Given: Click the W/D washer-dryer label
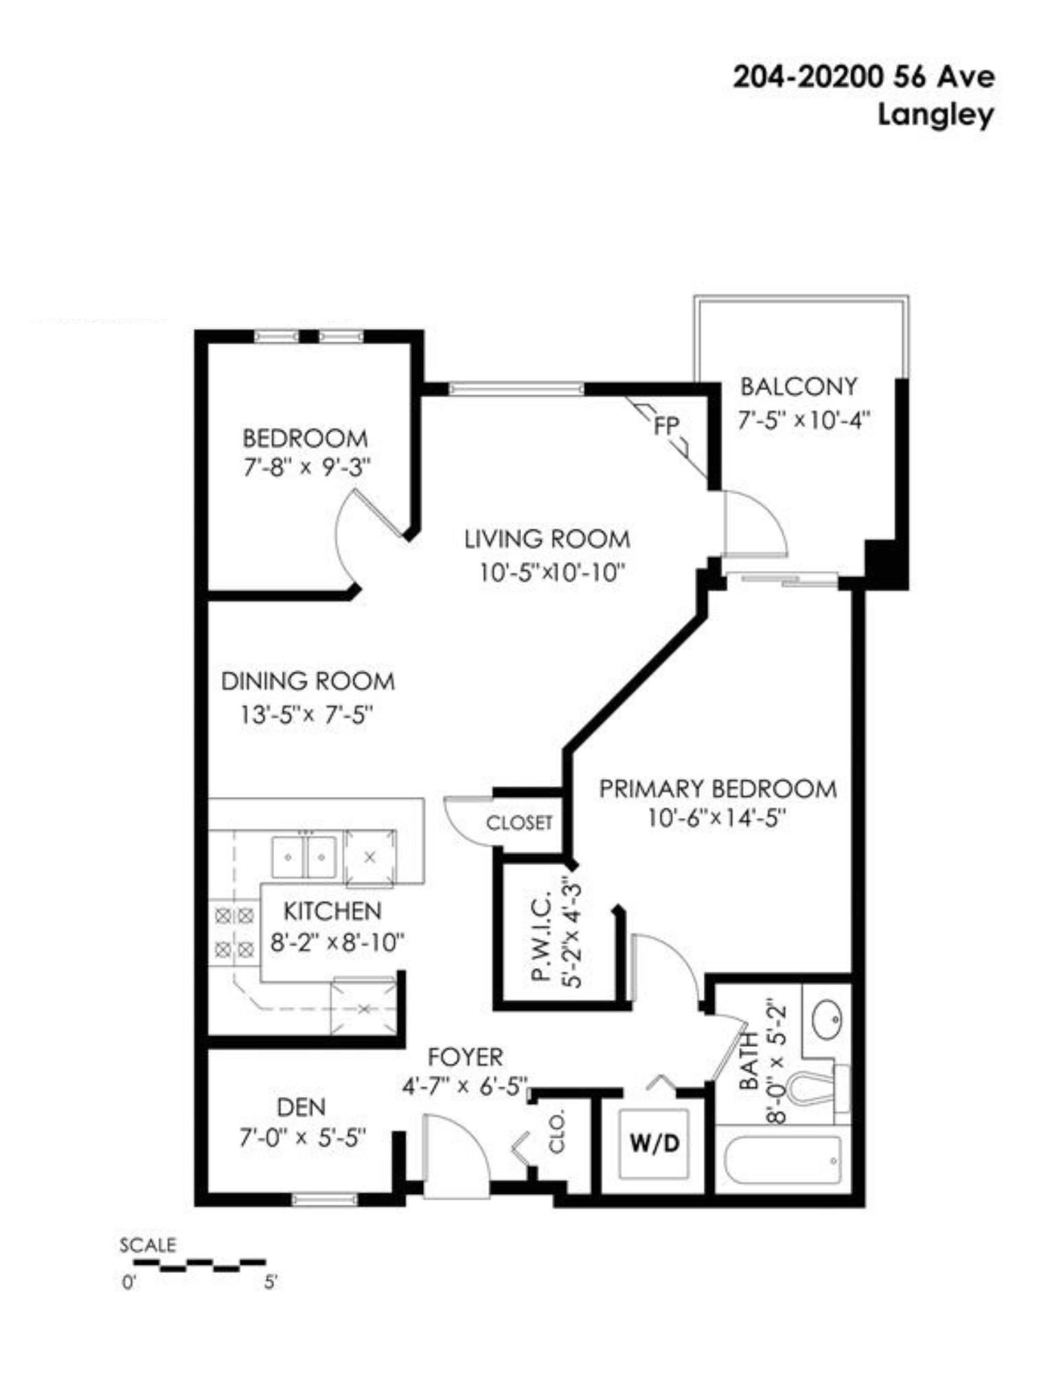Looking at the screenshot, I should click(654, 1142).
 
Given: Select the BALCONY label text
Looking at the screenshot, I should click(799, 387).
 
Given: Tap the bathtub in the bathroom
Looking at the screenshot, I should click(783, 1160).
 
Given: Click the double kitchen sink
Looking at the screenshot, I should click(303, 856).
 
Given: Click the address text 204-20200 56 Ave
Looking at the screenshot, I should click(863, 77).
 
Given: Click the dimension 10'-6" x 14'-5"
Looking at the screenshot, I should click(716, 818).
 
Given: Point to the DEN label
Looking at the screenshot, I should click(301, 1107).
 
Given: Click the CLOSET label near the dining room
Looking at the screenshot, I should click(519, 822).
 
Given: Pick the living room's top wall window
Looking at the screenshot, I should click(516, 389).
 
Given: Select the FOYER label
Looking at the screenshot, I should click(466, 1056).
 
